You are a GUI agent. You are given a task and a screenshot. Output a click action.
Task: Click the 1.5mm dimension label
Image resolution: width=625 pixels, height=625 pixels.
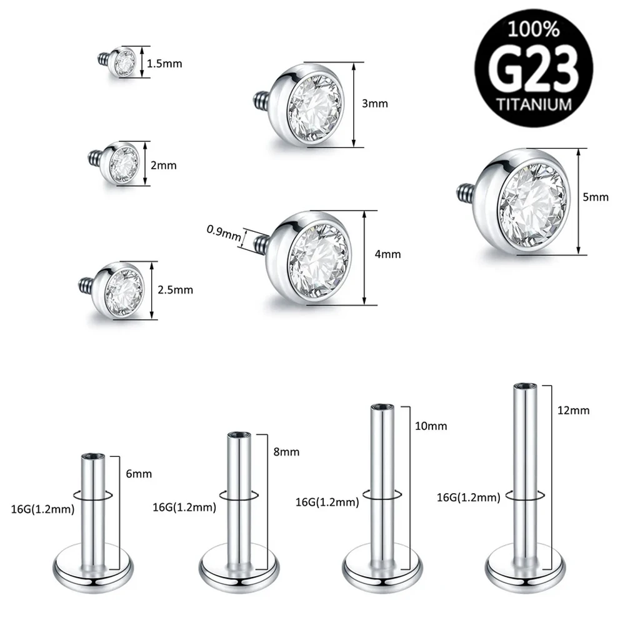[160, 63]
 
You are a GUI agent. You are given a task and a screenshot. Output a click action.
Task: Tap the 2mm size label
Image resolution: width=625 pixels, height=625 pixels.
[164, 166]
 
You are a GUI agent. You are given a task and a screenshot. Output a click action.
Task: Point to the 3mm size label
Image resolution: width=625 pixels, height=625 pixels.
[375, 104]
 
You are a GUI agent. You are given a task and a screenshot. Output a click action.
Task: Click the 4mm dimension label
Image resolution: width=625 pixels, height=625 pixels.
[388, 254]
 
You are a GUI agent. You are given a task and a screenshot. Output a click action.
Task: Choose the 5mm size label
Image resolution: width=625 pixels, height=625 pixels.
[595, 197]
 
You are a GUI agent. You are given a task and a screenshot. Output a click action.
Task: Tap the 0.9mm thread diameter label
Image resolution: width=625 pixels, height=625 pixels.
[223, 235]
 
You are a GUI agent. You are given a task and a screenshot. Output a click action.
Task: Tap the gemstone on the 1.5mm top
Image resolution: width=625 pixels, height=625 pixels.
[126, 62]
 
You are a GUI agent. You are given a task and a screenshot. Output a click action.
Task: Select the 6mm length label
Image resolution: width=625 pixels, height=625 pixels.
[138, 474]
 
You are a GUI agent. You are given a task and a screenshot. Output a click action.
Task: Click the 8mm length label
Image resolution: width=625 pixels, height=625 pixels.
[287, 451]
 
